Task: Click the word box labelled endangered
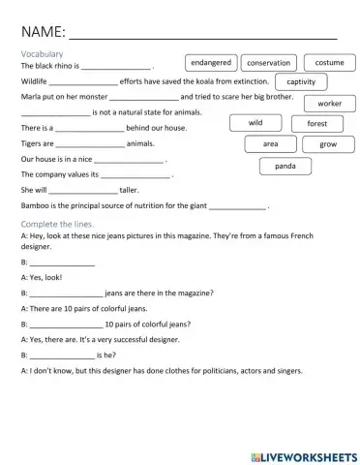tap(210, 62)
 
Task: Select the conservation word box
tap(268, 63)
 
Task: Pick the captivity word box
tap(300, 82)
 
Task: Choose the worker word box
tap(329, 103)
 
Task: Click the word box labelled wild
tap(255, 123)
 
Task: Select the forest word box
tap(317, 124)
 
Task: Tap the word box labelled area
tap(271, 143)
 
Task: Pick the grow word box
tap(328, 143)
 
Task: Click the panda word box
tap(285, 166)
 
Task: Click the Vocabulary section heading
tap(42, 54)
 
